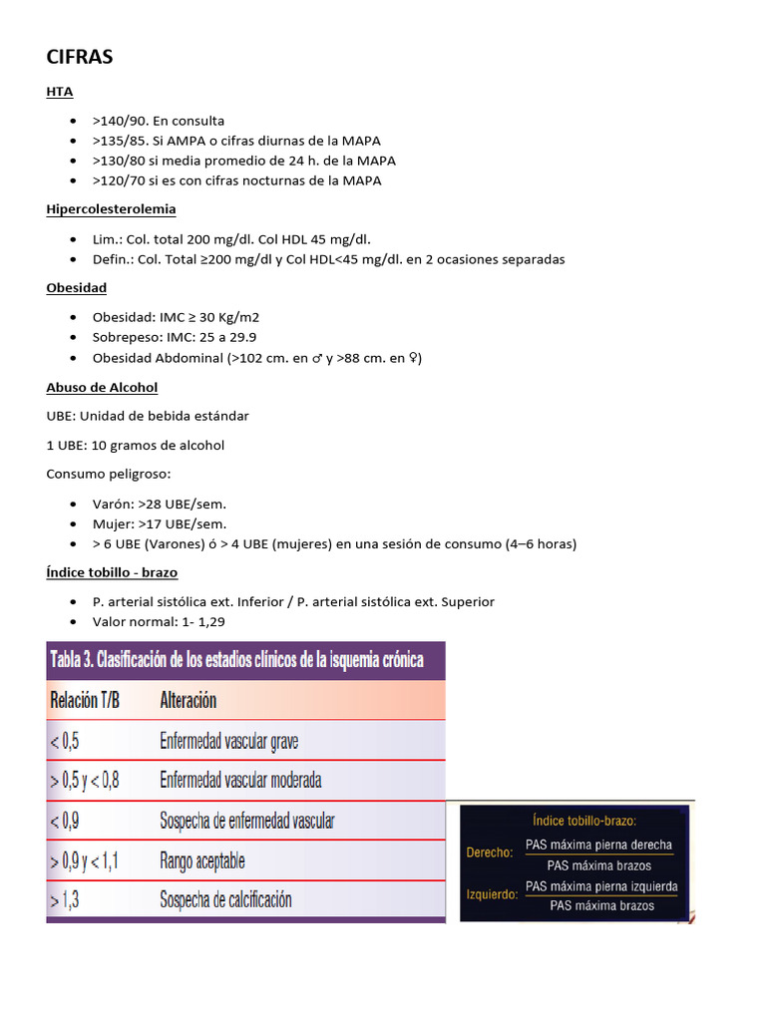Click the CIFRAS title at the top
[x=80, y=57]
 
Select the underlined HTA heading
[x=60, y=92]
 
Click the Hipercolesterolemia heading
[x=111, y=208]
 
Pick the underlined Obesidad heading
[x=76, y=287]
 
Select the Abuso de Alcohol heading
[x=102, y=387]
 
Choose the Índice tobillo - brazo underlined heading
[x=112, y=572]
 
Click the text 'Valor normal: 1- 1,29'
[x=159, y=621]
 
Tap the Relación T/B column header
[x=85, y=700]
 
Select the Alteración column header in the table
[x=189, y=700]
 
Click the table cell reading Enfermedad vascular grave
[x=228, y=741]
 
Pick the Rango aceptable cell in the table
[x=201, y=860]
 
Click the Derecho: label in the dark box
[x=490, y=852]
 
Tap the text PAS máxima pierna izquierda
[x=601, y=886]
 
